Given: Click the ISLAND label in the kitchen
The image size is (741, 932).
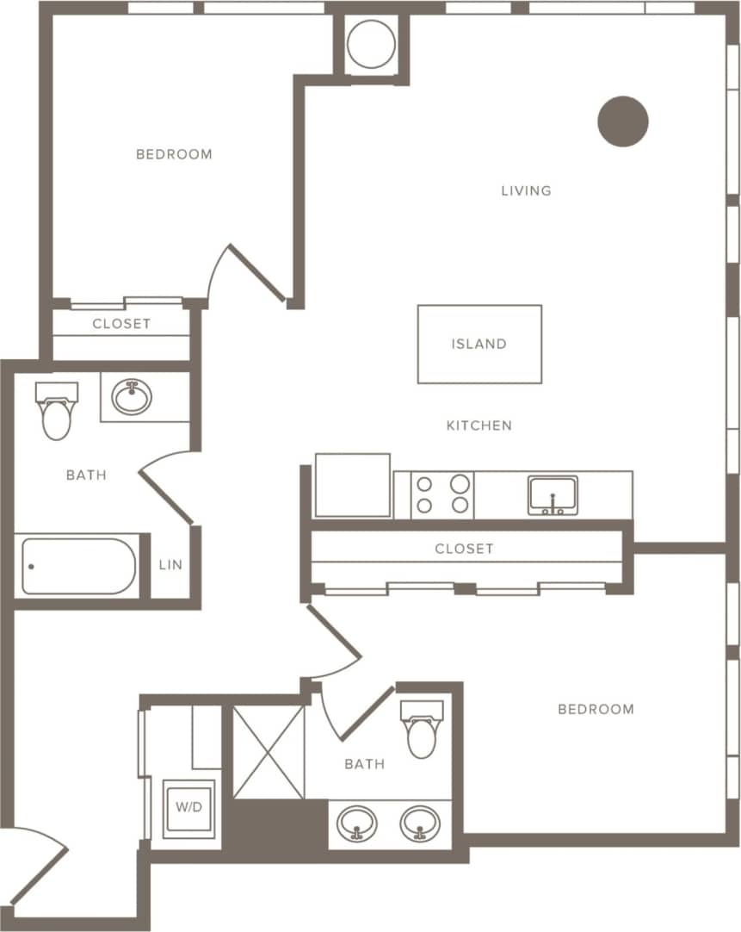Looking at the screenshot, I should click(479, 344).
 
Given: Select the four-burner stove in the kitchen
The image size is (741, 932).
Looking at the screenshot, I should click(442, 494).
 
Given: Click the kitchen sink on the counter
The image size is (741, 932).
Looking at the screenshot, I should click(553, 495).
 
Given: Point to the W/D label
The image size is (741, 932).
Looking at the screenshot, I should click(188, 808).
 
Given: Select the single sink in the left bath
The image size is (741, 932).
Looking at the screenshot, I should click(132, 398).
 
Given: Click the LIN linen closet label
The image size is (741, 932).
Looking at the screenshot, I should click(170, 566).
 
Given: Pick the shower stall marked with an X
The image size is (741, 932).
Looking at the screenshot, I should click(269, 752).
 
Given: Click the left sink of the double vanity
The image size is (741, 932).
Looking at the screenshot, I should click(356, 824).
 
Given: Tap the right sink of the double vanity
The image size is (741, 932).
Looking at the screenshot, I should click(420, 824).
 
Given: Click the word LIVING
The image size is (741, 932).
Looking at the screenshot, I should click(526, 190).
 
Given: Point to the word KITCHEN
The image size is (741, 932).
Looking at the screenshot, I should click(479, 426).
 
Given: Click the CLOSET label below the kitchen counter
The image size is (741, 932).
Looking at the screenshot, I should click(464, 549).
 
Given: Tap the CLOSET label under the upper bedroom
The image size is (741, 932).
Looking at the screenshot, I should click(121, 324).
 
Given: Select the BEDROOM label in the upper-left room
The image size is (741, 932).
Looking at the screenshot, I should click(174, 154).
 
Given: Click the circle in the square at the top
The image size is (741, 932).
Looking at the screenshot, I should click(372, 43).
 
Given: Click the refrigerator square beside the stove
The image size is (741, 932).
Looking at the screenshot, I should click(353, 485).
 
